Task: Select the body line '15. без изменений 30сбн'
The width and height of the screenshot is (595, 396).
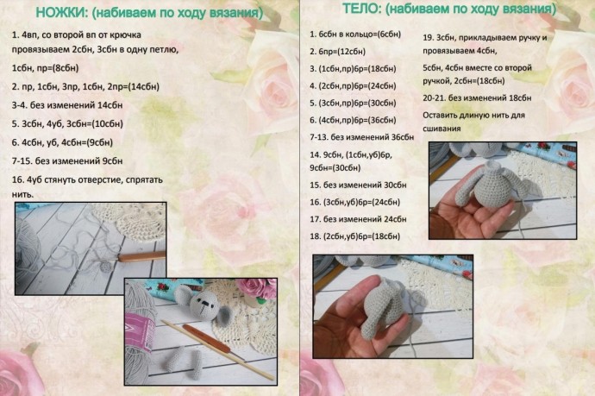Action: tap(357, 185)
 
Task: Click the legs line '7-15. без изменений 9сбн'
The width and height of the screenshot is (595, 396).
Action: tap(67, 160)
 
